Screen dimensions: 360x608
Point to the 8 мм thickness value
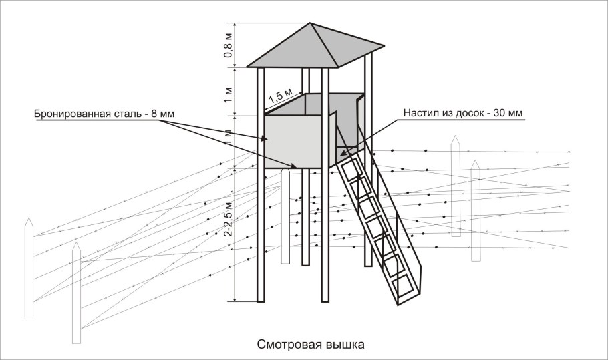point(163,114)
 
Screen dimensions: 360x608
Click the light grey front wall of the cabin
point(294,140)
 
